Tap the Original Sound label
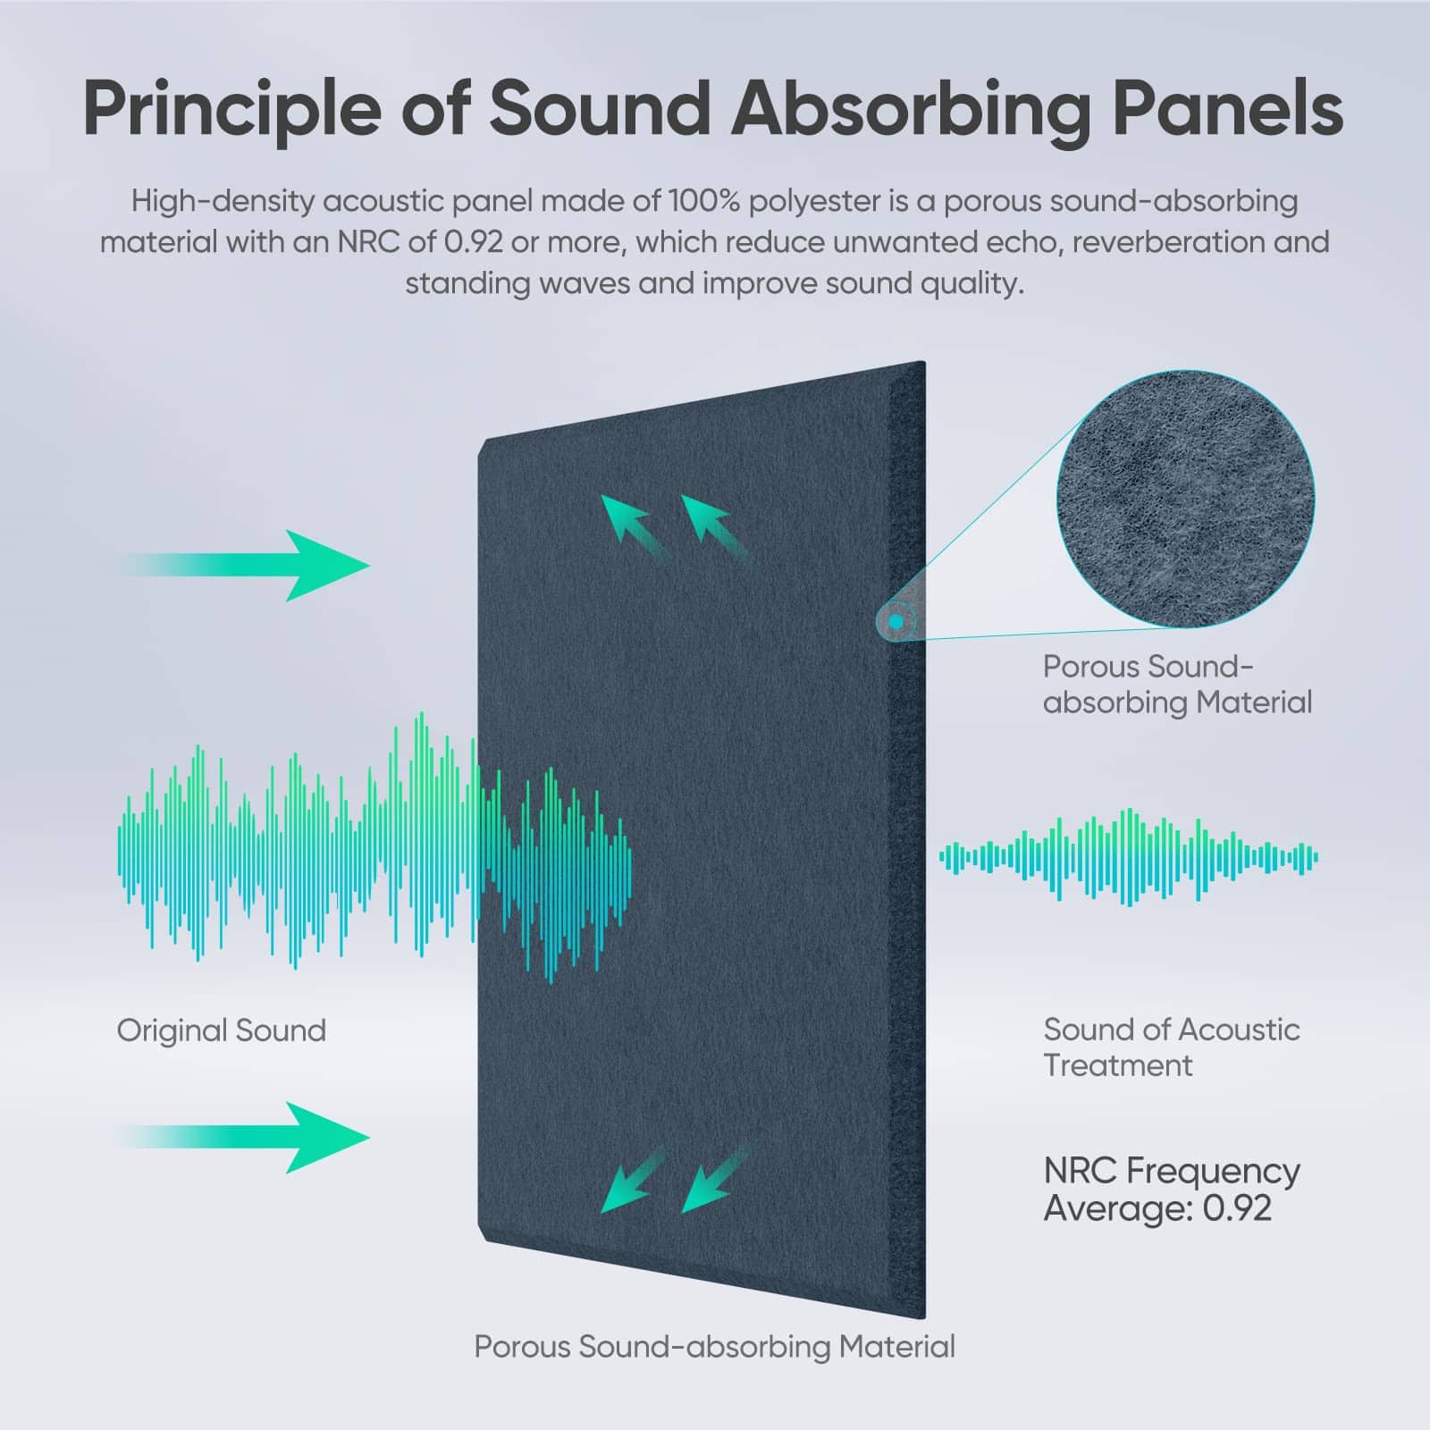222,1030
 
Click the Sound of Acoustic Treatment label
1172,1047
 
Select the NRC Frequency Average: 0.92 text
1172,1190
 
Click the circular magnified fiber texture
1185,499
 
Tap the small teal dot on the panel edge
896,620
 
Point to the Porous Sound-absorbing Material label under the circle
1177,685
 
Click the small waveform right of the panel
1129,858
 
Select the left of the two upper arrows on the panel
635,527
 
